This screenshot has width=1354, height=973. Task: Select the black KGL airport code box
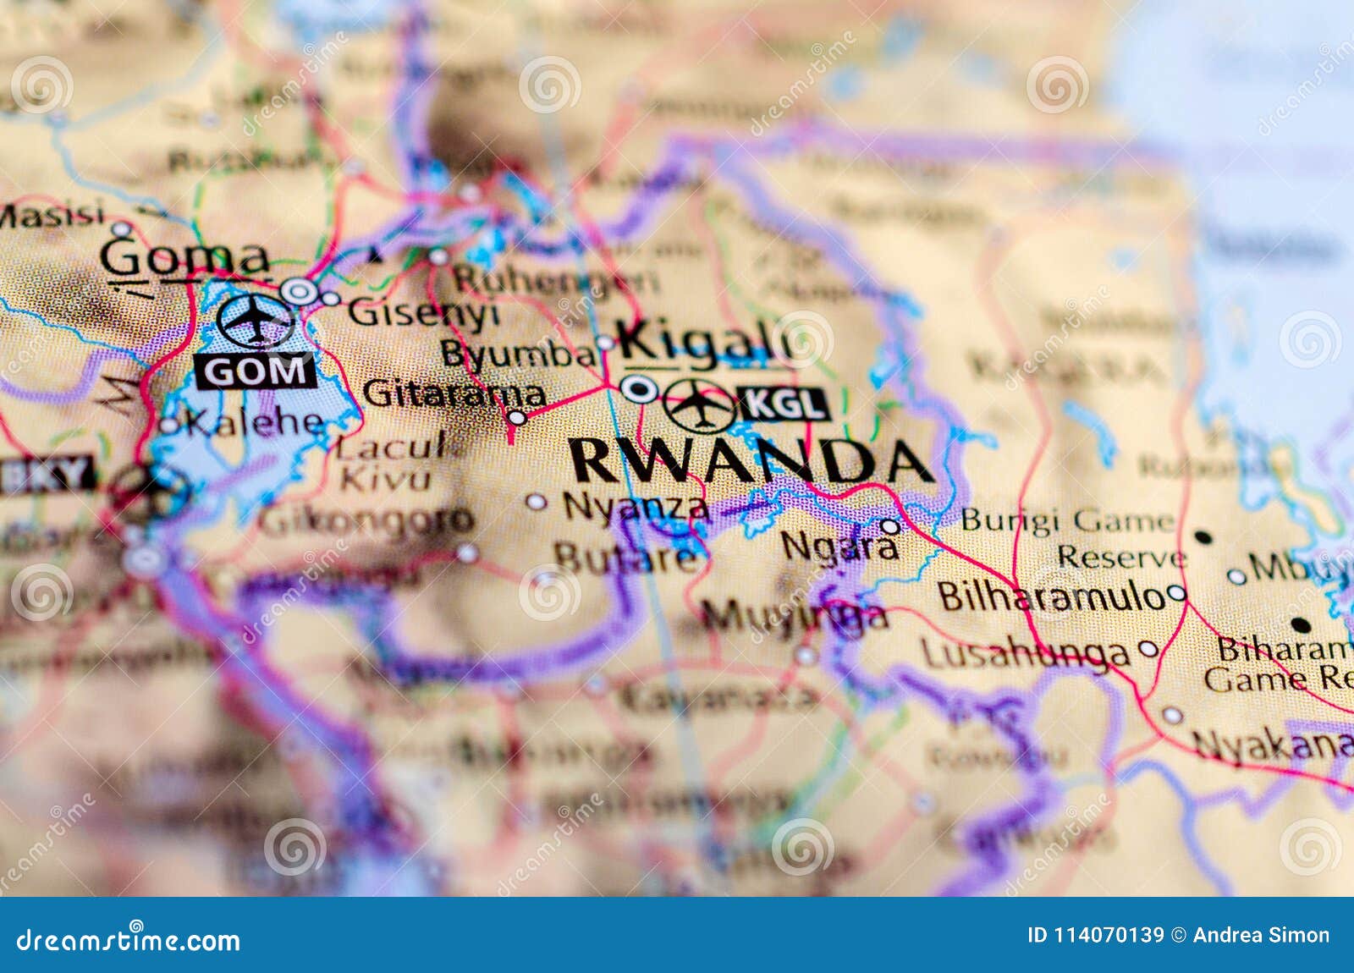pos(784,404)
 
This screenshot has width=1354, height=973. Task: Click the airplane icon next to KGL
pos(700,405)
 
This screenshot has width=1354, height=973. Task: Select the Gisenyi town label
pos(423,313)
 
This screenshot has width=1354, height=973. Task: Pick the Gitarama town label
pos(454,393)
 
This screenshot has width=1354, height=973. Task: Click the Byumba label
pos(518,354)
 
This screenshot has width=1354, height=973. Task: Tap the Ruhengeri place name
pos(555,279)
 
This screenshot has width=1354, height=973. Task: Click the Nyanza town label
pos(636,506)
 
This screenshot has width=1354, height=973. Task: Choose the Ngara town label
pos(839,546)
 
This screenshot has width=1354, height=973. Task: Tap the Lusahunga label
pos(1024,653)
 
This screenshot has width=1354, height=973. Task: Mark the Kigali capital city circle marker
pos(639,389)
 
